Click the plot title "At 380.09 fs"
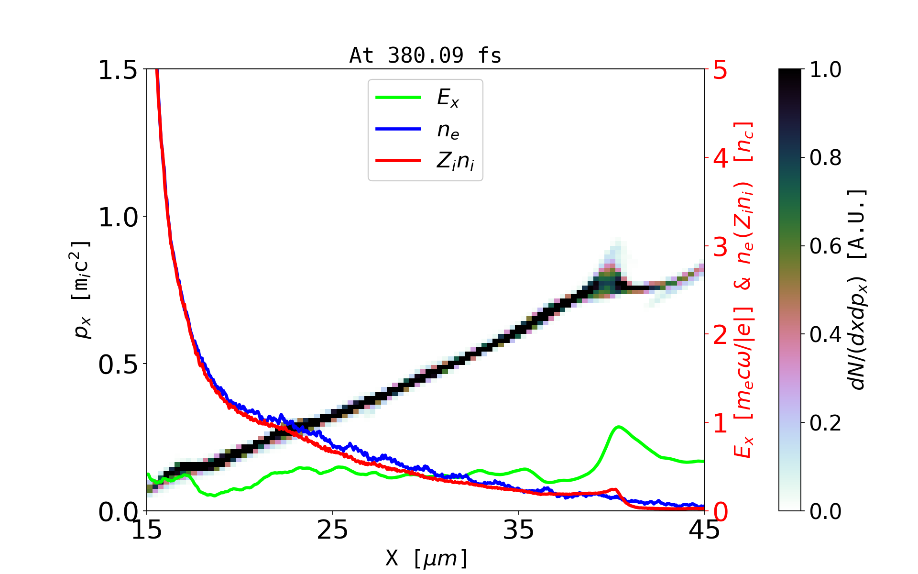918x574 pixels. [425, 56]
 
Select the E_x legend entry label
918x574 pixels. [448, 98]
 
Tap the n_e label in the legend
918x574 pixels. [448, 130]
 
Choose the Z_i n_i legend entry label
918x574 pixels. [455, 161]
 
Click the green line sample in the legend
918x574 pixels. [398, 98]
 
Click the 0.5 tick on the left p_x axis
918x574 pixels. [118, 364]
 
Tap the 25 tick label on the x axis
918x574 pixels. [332, 530]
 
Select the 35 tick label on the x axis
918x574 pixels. [518, 530]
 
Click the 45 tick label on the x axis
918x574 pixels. [704, 530]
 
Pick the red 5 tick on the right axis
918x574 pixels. [720, 70]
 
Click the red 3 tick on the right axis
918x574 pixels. [720, 247]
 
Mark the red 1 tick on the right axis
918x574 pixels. [720, 423]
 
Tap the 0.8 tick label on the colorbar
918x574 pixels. [826, 157]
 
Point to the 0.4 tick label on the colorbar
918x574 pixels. [826, 334]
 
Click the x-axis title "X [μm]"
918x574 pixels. [427, 558]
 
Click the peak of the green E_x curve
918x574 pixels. [619, 426]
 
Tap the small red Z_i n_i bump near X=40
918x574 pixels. [614, 489]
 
